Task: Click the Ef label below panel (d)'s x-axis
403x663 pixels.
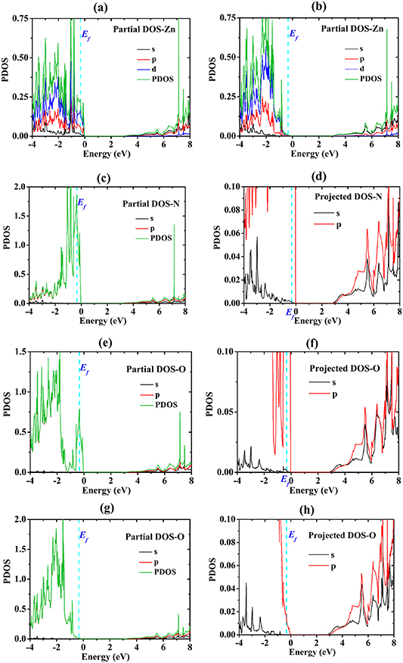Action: coord(289,313)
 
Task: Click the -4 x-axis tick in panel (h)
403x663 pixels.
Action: coord(237,643)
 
